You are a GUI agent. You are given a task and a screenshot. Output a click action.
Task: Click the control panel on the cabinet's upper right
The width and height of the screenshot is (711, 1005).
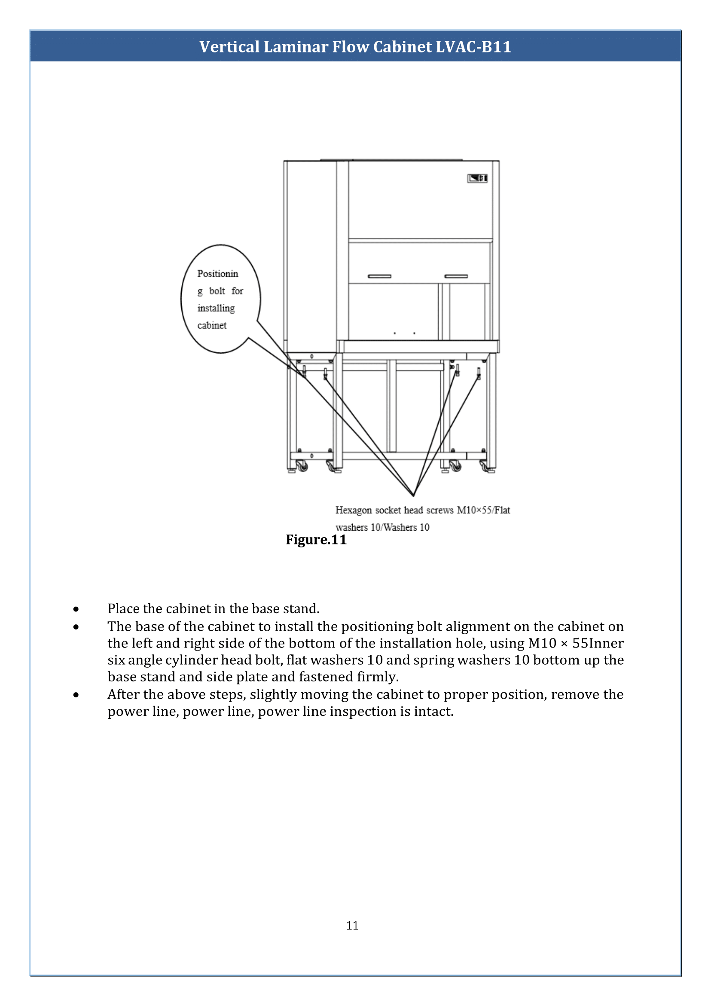pos(477,178)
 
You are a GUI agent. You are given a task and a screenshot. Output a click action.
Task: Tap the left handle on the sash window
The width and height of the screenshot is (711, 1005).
pos(379,276)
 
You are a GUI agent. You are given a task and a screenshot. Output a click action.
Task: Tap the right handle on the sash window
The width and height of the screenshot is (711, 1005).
pos(456,276)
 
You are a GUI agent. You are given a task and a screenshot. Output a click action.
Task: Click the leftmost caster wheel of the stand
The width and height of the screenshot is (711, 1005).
pos(302,466)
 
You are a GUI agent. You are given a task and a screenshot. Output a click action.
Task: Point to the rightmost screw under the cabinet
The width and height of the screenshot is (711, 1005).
pos(479,373)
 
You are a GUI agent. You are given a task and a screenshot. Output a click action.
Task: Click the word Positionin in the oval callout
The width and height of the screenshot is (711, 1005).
pos(217,274)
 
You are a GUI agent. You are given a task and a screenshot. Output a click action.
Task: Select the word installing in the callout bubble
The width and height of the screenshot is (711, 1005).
pos(216,308)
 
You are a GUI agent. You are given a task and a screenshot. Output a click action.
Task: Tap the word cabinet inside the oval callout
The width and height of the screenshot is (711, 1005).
pos(212,325)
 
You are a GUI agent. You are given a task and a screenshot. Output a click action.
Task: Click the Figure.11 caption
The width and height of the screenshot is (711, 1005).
pos(316,540)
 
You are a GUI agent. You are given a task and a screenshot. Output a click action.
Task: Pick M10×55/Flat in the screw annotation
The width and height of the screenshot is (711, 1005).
pos(483,510)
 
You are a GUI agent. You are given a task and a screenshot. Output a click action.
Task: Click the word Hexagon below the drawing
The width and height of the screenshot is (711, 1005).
pos(353,510)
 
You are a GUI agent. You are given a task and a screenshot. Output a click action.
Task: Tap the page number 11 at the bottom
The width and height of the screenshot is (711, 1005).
pos(352,926)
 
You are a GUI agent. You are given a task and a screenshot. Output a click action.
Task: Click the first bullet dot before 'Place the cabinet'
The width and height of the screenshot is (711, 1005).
pos(76,609)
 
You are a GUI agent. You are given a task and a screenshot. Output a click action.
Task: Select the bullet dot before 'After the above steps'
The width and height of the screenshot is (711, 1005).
pos(76,695)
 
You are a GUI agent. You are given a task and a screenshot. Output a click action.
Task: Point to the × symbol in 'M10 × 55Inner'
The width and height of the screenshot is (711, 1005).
pos(565,644)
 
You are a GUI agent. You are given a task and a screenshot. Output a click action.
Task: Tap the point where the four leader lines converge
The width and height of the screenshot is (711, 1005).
pos(413,496)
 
